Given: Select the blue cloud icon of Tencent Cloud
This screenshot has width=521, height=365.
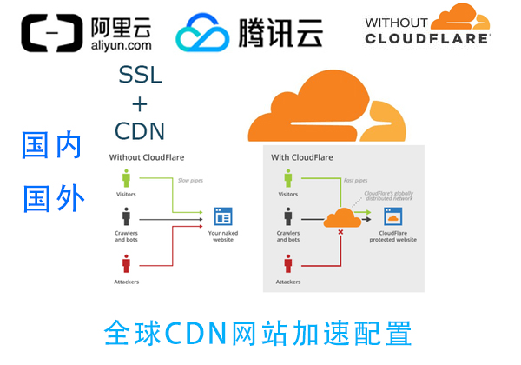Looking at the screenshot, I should pos(202,33).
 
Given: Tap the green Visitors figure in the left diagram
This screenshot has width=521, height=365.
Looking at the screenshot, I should pos(126,179).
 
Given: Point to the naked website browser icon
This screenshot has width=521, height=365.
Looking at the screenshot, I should pos(223,216).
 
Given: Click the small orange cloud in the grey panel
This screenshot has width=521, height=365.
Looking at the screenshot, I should pos(341,217).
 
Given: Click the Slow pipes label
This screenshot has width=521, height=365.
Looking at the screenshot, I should pos(192,181).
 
